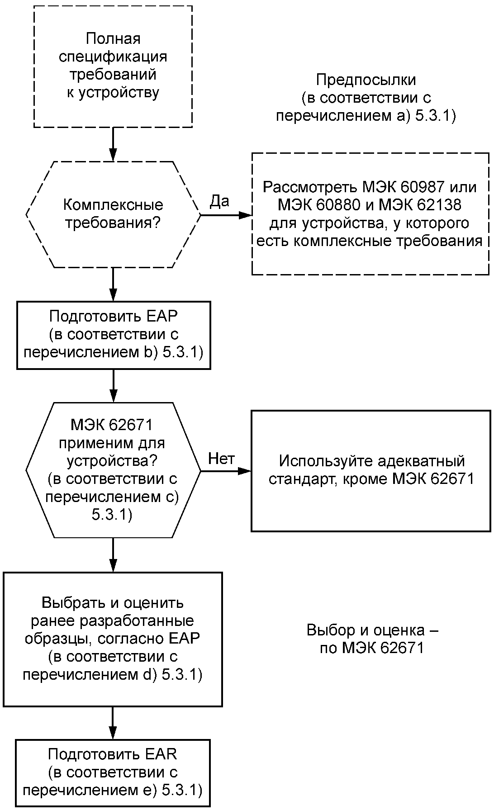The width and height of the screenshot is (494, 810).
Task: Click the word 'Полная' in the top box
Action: (114, 39)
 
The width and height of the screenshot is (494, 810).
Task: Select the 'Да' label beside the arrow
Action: (219, 201)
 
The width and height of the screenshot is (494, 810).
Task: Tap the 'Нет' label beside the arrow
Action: (221, 459)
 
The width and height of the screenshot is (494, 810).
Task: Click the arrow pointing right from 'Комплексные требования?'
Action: (225, 215)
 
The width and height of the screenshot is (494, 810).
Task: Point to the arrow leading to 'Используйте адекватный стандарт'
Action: (225, 471)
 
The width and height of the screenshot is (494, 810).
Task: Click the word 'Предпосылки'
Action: (366, 80)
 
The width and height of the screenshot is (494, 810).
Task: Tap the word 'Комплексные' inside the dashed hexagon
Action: (113, 205)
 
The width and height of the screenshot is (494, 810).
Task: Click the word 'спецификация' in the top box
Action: (113, 57)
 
